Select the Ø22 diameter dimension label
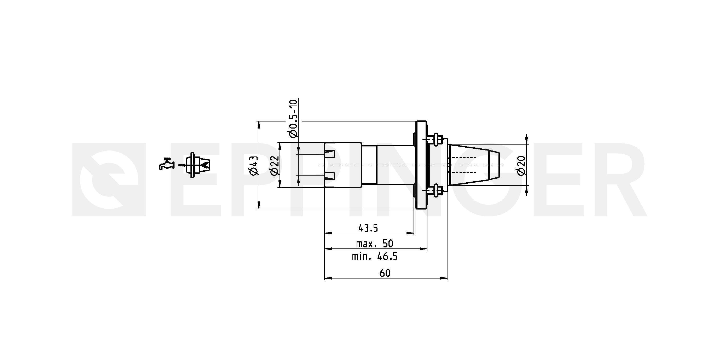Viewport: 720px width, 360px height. click(275, 166)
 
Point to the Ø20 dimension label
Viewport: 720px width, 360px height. click(521, 166)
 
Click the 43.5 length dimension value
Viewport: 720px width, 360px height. click(368, 228)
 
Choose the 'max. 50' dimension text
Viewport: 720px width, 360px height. click(375, 244)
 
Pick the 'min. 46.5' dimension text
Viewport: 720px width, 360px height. click(375, 256)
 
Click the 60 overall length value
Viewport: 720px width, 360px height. click(385, 273)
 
